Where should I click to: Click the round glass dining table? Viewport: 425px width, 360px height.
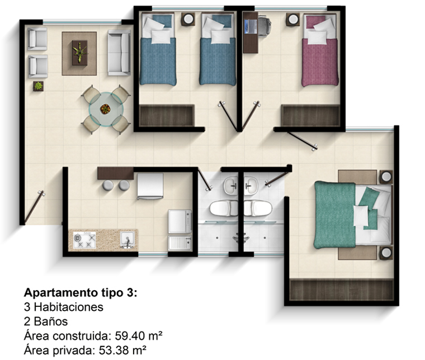click(x=106, y=110)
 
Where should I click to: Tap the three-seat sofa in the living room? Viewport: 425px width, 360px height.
click(x=119, y=53)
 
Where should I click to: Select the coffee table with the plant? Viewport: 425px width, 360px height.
click(x=79, y=53)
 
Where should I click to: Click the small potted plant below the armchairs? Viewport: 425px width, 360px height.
click(x=38, y=86)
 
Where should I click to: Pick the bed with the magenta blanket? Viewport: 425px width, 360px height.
click(x=320, y=50)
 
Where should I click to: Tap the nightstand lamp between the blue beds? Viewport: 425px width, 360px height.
click(x=188, y=19)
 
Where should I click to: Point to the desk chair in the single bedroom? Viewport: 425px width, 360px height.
click(x=264, y=26)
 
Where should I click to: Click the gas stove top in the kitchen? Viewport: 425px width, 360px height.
click(x=84, y=240)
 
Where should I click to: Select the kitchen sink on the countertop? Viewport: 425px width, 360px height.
click(x=127, y=239)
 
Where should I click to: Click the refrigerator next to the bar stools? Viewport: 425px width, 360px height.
click(x=150, y=186)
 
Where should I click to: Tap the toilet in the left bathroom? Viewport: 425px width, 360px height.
click(x=224, y=208)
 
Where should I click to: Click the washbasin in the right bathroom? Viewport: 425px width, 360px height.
click(x=251, y=186)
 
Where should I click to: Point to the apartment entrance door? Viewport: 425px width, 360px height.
click(x=34, y=207)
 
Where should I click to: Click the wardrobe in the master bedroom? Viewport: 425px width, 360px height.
click(x=342, y=290)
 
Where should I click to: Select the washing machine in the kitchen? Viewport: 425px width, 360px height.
click(x=180, y=221)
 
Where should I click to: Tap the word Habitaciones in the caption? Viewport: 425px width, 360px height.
click(x=69, y=307)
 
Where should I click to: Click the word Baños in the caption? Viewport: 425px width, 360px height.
click(x=51, y=321)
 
